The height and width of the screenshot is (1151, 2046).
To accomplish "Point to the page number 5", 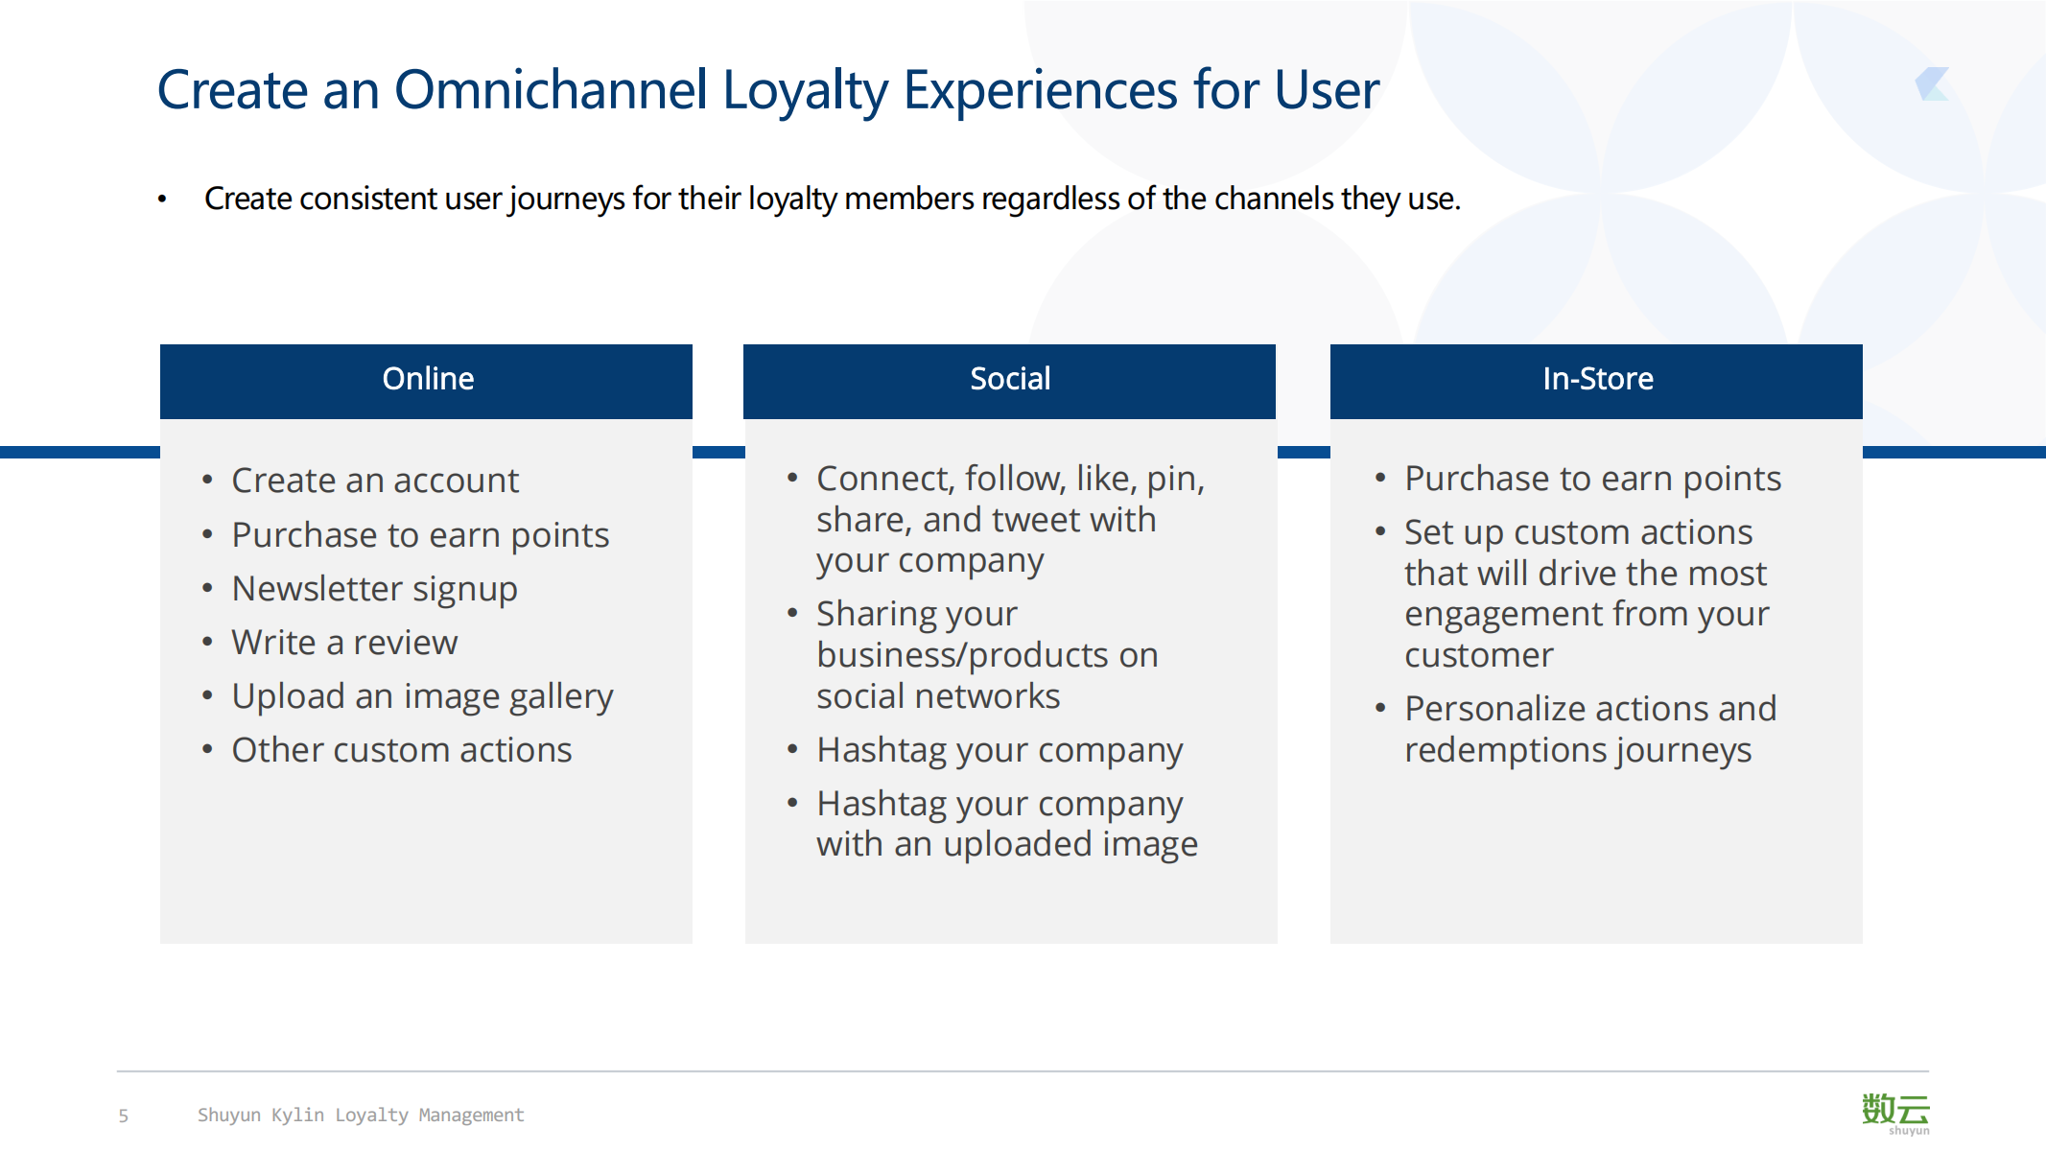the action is (x=123, y=1116).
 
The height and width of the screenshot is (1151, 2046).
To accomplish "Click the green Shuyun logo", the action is (x=1895, y=1113).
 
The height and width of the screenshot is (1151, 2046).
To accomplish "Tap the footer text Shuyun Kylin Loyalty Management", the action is (x=361, y=1115).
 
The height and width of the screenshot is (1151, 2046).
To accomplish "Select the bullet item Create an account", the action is (x=375, y=481).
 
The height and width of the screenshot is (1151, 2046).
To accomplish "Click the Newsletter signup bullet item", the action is (x=374, y=589).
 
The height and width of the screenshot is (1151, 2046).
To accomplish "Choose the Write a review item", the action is (x=344, y=643).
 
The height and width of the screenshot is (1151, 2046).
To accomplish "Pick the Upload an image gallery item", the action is (x=422, y=697).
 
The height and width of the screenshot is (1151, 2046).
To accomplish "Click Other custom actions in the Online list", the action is (x=402, y=750).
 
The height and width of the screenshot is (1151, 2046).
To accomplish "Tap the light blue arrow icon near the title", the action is (x=1932, y=84).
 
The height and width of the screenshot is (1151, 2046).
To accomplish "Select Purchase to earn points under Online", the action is (x=420, y=535).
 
